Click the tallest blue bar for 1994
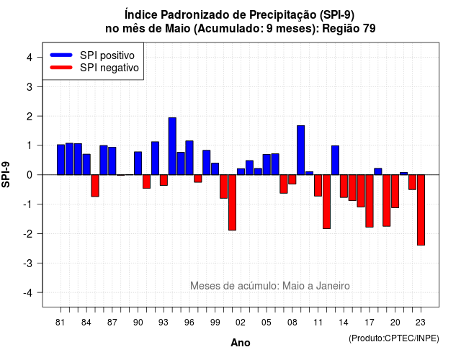pyautogui.click(x=172, y=146)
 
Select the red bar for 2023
pyautogui.click(x=421, y=210)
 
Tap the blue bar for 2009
pyautogui.click(x=301, y=150)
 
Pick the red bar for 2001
pyautogui.click(x=232, y=202)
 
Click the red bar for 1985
pyautogui.click(x=95, y=186)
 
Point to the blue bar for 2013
pyautogui.click(x=335, y=160)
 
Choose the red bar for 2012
pyautogui.click(x=326, y=202)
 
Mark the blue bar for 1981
pyautogui.click(x=61, y=160)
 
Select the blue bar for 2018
pyautogui.click(x=378, y=171)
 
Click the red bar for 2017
pyautogui.click(x=370, y=201)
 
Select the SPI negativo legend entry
pyautogui.click(x=94, y=68)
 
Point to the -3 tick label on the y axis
pyautogui.click(x=29, y=264)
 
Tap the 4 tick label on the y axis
pyautogui.click(x=30, y=58)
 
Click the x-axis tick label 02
pyautogui.click(x=241, y=323)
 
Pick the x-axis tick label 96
pyautogui.click(x=189, y=323)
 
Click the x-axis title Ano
pyautogui.click(x=241, y=343)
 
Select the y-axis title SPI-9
pyautogui.click(x=6, y=174)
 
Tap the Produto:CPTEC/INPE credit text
pyautogui.click(x=394, y=338)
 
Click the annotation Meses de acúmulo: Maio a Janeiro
pyautogui.click(x=270, y=286)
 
